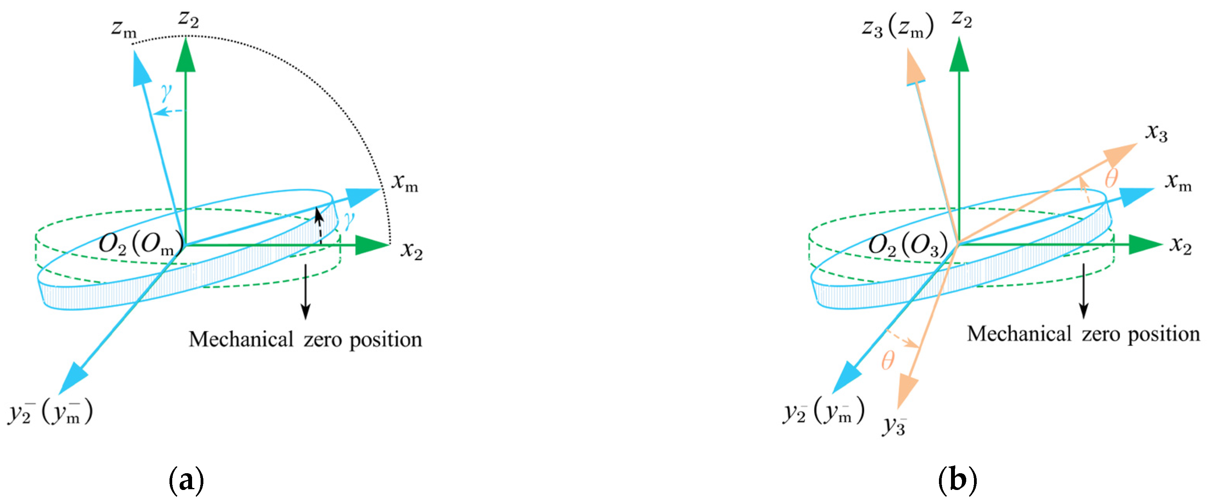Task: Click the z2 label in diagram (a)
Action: tap(188, 20)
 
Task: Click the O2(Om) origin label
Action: tap(139, 244)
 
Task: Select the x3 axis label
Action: tap(1156, 134)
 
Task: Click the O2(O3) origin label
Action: tap(908, 244)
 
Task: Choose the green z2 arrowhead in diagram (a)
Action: tap(185, 55)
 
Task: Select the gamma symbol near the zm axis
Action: tap(166, 93)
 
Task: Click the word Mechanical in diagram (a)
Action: tap(241, 339)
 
